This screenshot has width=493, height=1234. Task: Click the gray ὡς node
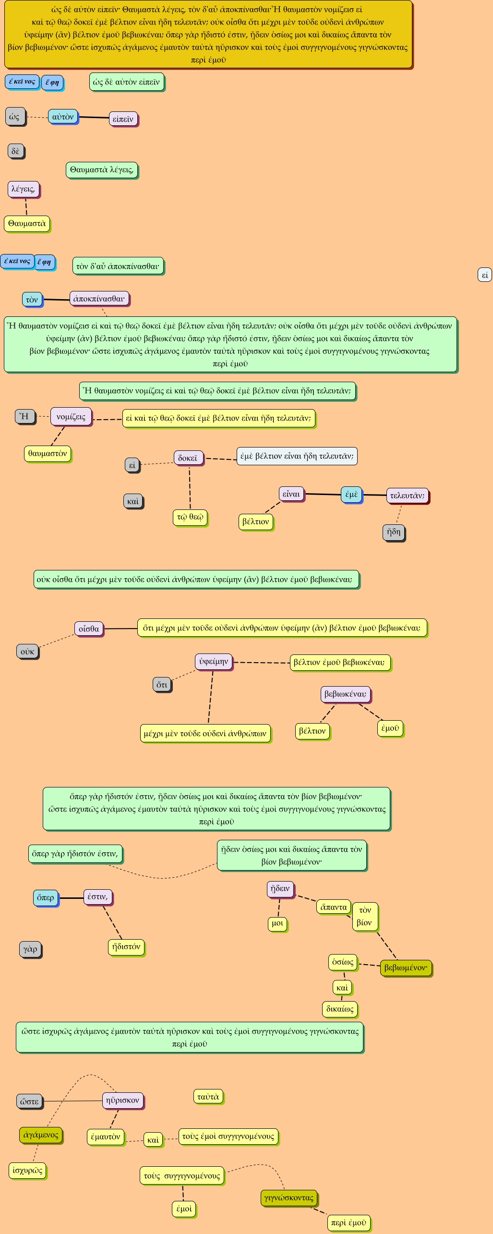click(x=15, y=117)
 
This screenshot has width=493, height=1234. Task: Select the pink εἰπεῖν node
click(x=123, y=119)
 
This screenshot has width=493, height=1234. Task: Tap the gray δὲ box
click(x=15, y=151)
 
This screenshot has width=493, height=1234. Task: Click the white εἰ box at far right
click(x=484, y=275)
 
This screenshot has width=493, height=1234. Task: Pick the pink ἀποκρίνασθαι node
click(x=99, y=299)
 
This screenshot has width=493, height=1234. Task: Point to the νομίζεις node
click(x=71, y=417)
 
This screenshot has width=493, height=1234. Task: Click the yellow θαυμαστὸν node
click(x=48, y=453)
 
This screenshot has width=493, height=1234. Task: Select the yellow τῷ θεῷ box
click(x=190, y=517)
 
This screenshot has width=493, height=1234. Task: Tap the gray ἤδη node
click(x=394, y=532)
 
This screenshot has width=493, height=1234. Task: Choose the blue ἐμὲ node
click(x=351, y=494)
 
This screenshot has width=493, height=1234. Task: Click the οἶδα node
click(x=89, y=629)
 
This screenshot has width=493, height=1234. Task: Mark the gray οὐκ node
click(x=27, y=652)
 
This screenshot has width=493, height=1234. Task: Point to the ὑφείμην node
click(x=214, y=662)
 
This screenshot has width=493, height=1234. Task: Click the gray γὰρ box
click(x=30, y=949)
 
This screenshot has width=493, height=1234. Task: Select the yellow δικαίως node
click(x=340, y=1009)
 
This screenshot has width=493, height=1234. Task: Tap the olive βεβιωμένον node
click(x=406, y=968)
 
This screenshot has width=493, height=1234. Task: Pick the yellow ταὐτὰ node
click(x=208, y=1097)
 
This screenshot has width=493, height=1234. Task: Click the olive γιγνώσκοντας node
click(x=289, y=1198)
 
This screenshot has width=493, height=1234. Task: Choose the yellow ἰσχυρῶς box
click(x=27, y=1170)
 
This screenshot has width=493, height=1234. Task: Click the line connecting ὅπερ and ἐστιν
click(x=71, y=897)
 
